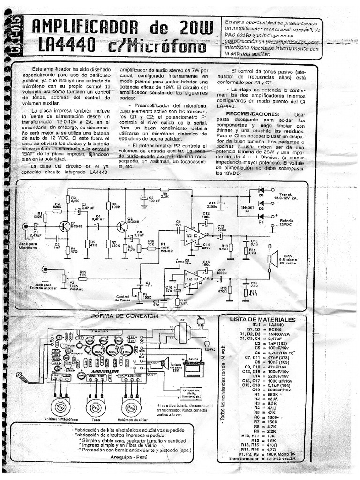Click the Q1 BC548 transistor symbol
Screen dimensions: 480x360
(x=65, y=226)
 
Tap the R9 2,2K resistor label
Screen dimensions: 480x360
(x=164, y=195)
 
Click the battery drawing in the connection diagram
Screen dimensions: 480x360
(x=193, y=368)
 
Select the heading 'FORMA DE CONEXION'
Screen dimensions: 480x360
(x=125, y=316)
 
